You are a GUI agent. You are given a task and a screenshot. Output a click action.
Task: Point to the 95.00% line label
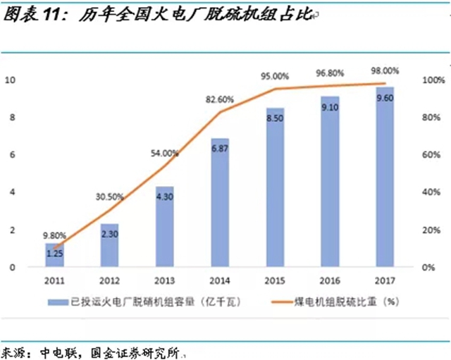pyautogui.click(x=275, y=77)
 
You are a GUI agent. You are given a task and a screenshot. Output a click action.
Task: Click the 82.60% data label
pyautogui.click(x=220, y=101)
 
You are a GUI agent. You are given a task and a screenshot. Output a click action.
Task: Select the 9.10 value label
pyautogui.click(x=330, y=108)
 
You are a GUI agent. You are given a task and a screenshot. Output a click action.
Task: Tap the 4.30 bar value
pyautogui.click(x=165, y=198)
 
